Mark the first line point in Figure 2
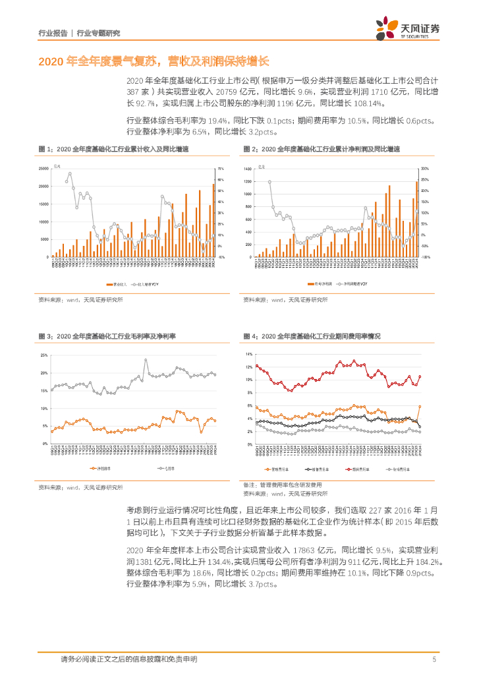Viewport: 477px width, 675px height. [x=269, y=182]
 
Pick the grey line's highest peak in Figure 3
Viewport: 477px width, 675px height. [x=146, y=360]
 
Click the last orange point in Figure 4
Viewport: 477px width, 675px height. [x=420, y=407]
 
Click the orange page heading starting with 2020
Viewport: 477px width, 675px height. [x=154, y=61]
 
